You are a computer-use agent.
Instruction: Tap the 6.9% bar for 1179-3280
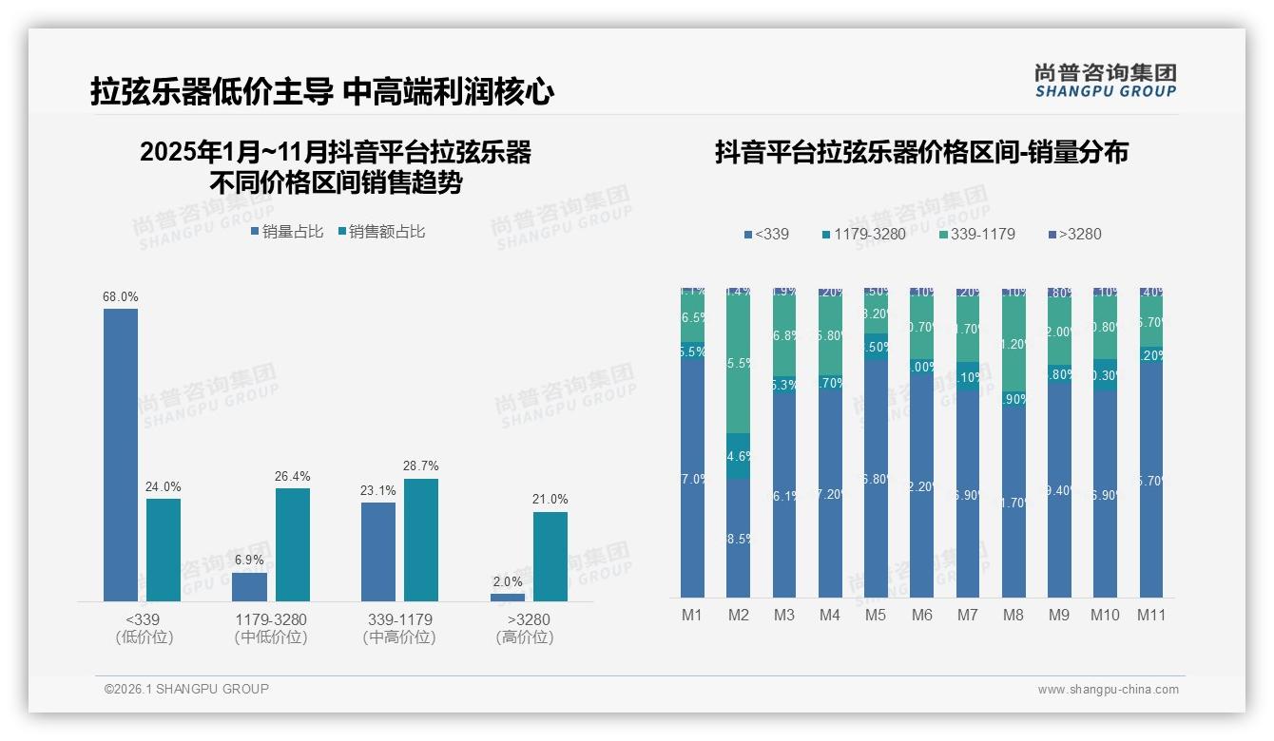click(x=250, y=586)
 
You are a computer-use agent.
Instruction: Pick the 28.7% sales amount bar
click(x=421, y=539)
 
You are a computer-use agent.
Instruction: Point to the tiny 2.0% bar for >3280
click(x=508, y=597)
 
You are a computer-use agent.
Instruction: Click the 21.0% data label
click(x=550, y=500)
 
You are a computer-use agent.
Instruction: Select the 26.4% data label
click(x=293, y=476)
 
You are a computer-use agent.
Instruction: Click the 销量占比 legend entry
click(x=288, y=231)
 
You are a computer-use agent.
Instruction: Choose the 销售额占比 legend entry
click(x=381, y=231)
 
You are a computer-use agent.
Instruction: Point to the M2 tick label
click(x=739, y=615)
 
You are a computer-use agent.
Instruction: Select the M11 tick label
click(x=1151, y=615)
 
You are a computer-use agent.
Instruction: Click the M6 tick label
click(x=921, y=615)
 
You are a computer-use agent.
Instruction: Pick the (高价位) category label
click(x=524, y=637)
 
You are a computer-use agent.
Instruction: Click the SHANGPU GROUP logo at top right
click(x=1105, y=81)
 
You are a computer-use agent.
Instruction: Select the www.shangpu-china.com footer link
click(x=1108, y=690)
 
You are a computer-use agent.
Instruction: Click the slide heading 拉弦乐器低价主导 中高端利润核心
click(x=322, y=92)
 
